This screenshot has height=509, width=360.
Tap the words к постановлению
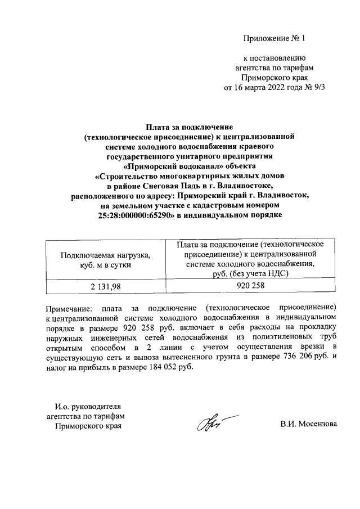(273, 57)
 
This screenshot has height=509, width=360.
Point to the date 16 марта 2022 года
(263, 87)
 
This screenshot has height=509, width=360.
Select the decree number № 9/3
(314, 87)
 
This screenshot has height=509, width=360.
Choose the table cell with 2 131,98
(106, 286)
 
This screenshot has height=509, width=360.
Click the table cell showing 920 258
(250, 286)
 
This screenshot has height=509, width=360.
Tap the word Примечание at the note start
(67, 309)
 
